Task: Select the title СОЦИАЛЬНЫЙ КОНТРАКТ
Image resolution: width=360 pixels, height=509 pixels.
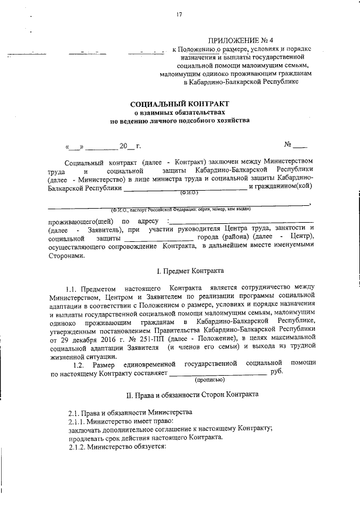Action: coord(180,104)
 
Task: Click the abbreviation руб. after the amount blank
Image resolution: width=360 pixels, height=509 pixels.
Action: coord(277,371)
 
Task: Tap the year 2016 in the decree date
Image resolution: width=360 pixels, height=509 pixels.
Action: coord(102,339)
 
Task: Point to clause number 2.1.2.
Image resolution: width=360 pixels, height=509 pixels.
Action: coord(80,446)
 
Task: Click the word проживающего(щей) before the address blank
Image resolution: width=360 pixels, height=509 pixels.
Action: coord(80,222)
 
